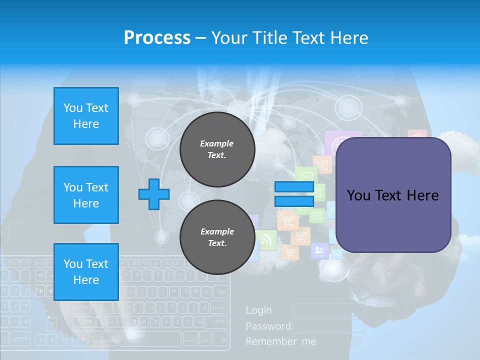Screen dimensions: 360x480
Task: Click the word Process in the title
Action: tap(157, 38)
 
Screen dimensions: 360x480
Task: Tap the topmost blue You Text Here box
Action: tap(86, 116)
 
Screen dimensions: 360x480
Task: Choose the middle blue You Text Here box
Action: tap(86, 195)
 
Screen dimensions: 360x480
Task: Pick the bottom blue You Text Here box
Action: tap(86, 271)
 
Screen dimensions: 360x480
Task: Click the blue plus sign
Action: tap(154, 194)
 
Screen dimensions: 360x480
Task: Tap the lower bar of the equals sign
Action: tap(294, 201)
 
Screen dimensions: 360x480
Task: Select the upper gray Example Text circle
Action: tap(217, 149)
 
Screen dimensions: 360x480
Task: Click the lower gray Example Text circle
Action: tap(217, 237)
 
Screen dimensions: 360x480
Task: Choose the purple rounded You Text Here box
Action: tap(393, 195)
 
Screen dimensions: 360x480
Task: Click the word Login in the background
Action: tap(259, 310)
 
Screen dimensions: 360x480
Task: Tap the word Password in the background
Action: tap(268, 326)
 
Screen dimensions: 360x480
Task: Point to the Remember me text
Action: tap(281, 341)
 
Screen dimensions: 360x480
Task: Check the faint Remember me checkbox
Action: tap(357, 341)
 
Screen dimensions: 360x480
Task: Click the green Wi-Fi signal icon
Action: tap(266, 240)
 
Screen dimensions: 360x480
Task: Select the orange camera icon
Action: tap(322, 164)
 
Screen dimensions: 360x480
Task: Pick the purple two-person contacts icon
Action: tap(319, 250)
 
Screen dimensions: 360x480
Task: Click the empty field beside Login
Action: tap(327, 310)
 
